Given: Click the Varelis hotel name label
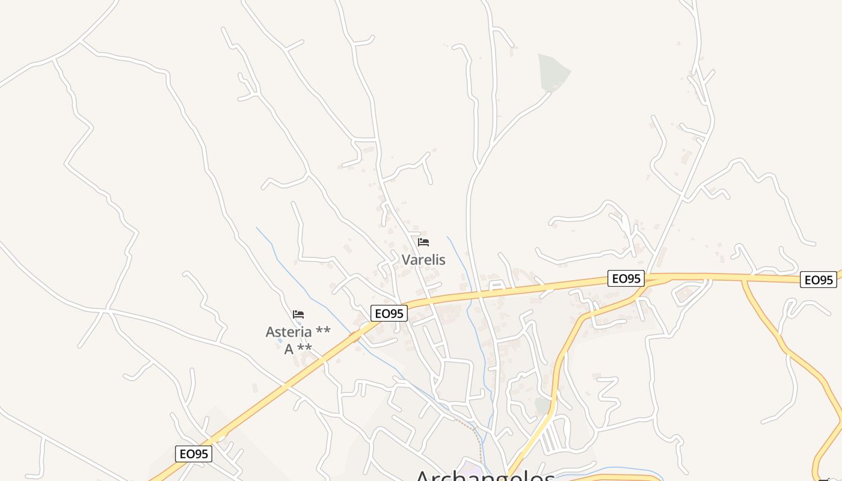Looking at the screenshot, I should point(423,260).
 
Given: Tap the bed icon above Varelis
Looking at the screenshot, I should point(423,242).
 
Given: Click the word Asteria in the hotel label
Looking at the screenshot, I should point(289,331).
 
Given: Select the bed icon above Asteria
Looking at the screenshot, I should point(298,314).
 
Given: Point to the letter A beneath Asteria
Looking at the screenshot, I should point(289,349).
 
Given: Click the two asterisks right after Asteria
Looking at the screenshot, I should point(322,331).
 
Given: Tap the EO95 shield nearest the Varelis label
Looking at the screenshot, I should point(389,313).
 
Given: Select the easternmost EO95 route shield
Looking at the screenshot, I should point(819,280).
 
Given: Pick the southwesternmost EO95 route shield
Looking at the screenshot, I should point(194,453).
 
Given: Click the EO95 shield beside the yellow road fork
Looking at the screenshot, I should point(625,278).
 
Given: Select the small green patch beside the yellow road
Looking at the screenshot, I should point(543,405).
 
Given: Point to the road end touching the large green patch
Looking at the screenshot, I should point(549,93).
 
